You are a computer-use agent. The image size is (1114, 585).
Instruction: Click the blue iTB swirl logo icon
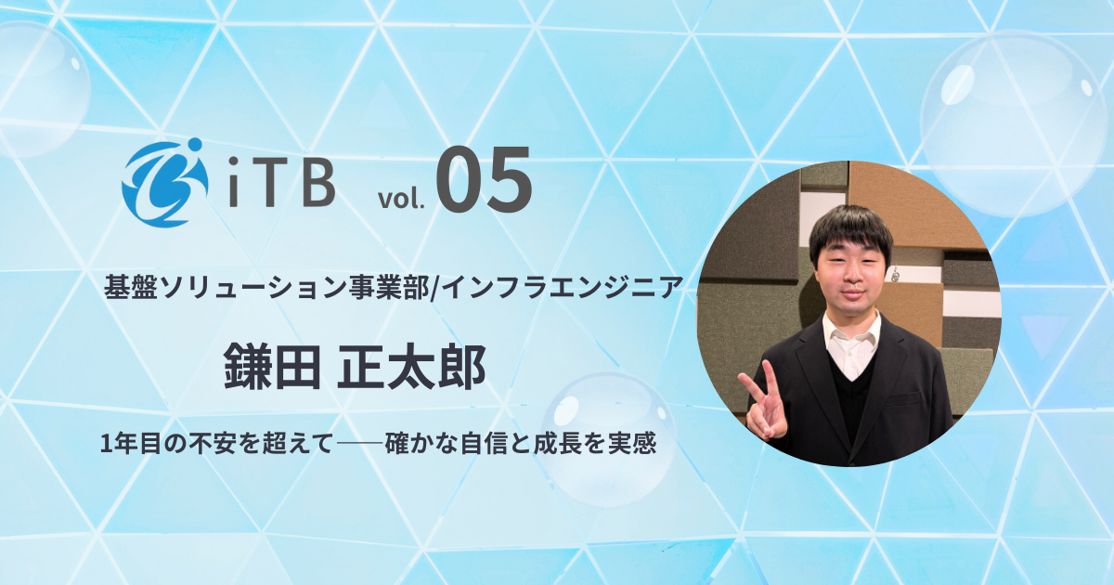[x=161, y=183]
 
